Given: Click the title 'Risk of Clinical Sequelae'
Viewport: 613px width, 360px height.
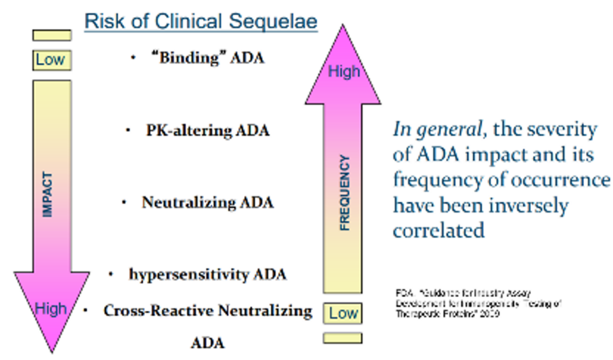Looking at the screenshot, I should point(201,22).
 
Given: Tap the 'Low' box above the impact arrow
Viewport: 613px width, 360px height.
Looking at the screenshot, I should point(51,60).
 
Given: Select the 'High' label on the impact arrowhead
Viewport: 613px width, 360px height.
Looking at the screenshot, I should point(51,309).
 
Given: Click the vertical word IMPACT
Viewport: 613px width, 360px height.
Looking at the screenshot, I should point(48,195).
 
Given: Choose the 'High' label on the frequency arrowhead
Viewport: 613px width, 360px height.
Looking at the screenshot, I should point(344,72).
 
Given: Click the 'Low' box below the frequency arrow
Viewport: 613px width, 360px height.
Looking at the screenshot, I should point(343,313).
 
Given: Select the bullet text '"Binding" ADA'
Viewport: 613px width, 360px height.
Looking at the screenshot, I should point(207,58).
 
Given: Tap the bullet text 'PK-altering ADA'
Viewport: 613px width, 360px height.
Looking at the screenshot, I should point(208,130).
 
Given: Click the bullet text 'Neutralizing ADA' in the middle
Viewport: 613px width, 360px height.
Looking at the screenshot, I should point(207,202).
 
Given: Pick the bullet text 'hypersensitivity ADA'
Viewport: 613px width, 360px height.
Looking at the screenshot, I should point(207,274).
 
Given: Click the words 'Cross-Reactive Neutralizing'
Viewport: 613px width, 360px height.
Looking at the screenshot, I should point(208,311).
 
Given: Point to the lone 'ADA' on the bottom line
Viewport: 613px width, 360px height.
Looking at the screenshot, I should point(208,343).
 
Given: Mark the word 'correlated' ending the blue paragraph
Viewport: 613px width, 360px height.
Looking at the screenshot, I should point(438,231).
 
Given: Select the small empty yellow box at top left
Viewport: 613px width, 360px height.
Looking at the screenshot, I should point(51,35).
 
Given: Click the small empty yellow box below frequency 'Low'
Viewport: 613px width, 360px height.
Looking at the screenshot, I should point(343,338).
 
